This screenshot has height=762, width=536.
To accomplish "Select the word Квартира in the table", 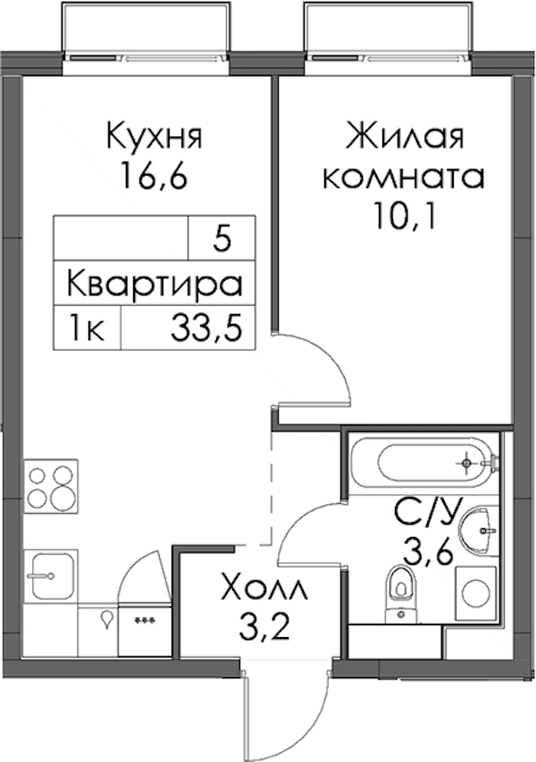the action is coord(155,285).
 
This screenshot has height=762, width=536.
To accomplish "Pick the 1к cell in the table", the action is coord(88,327).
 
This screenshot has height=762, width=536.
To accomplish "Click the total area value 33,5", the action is coord(206,327).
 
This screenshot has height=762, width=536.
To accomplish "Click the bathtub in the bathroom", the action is coord(423,462).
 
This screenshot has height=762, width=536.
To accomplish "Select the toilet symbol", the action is coord(401,593).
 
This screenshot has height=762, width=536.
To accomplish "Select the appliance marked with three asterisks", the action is coord(145,629).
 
